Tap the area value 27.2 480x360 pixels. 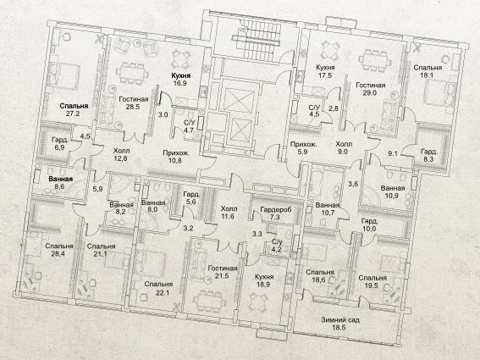coord(74,114)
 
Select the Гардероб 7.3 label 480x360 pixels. coord(276,213)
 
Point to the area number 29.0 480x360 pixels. coord(369,93)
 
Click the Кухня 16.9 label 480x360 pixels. coord(180,79)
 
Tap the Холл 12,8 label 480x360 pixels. coord(121,154)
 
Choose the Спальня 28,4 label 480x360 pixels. coord(59,250)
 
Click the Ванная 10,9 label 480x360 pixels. coord(393,191)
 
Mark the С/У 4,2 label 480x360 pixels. coord(277,245)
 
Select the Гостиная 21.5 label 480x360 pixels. coord(223,272)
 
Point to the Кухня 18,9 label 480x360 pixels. coord(264,280)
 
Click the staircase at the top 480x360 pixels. coord(257,40)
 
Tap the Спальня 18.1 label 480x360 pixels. coord(428,71)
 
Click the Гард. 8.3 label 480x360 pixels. coord(429,155)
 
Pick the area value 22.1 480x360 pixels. coord(163,292)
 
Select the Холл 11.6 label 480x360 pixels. coord(229,213)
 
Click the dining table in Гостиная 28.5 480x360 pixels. coord(132,74)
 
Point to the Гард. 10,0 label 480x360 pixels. coord(369,224)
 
